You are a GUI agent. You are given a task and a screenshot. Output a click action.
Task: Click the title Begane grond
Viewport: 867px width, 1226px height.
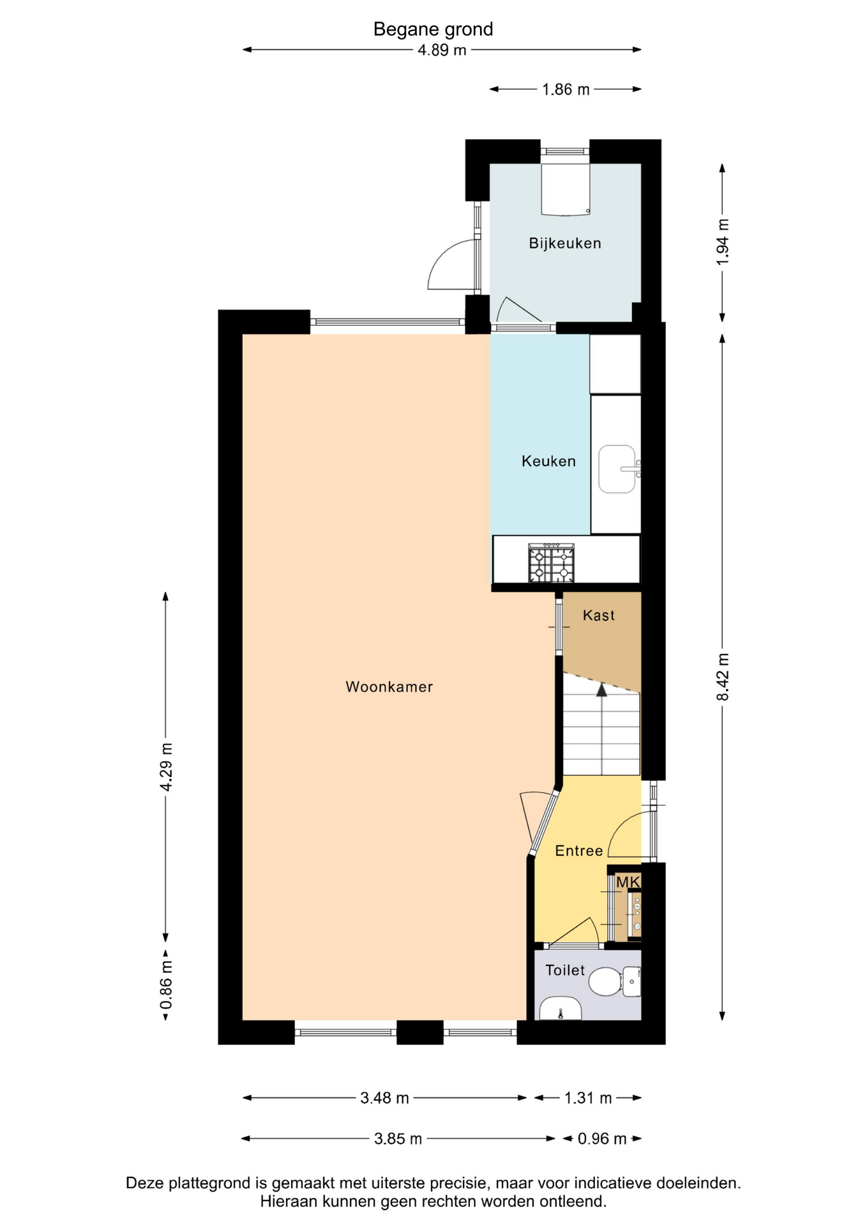(433, 29)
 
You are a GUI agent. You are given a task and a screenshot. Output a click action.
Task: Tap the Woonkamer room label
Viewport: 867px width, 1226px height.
(389, 687)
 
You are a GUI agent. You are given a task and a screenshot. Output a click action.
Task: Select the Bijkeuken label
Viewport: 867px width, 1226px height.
(565, 243)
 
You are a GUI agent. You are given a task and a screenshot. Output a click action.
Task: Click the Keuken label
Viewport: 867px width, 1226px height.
(548, 461)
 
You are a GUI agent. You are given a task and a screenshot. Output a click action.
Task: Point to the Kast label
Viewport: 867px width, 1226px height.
(599, 616)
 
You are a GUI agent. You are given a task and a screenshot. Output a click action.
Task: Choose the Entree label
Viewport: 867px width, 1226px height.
(579, 851)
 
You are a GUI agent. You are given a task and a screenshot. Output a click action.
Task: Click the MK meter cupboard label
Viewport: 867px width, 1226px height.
(628, 882)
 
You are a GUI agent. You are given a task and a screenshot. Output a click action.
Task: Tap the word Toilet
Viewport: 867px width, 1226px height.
(565, 971)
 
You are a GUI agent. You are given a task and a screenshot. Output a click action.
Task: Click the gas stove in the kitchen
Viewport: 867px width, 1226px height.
(551, 563)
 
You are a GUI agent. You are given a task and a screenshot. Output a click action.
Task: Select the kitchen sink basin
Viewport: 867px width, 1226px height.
(617, 469)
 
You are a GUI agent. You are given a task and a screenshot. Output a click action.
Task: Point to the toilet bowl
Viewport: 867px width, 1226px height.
(605, 982)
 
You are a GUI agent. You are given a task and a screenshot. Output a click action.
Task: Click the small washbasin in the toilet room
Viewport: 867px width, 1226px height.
(561, 1009)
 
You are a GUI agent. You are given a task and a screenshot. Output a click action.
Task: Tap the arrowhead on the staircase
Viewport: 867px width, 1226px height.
(601, 689)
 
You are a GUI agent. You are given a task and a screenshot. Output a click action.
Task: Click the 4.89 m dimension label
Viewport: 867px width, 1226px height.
(442, 50)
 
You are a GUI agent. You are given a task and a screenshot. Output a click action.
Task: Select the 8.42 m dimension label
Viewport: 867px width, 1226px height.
(722, 677)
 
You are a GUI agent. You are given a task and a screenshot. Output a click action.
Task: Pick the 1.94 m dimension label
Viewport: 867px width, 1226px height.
(722, 243)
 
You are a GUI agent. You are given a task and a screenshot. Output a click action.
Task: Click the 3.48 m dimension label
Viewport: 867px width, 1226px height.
(384, 1098)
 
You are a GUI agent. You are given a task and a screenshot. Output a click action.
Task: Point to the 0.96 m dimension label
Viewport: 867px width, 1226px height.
(602, 1139)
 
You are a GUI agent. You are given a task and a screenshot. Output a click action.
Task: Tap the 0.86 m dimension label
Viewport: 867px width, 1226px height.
(166, 985)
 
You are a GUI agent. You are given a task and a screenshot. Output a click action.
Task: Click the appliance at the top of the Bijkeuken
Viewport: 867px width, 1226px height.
(565, 189)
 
